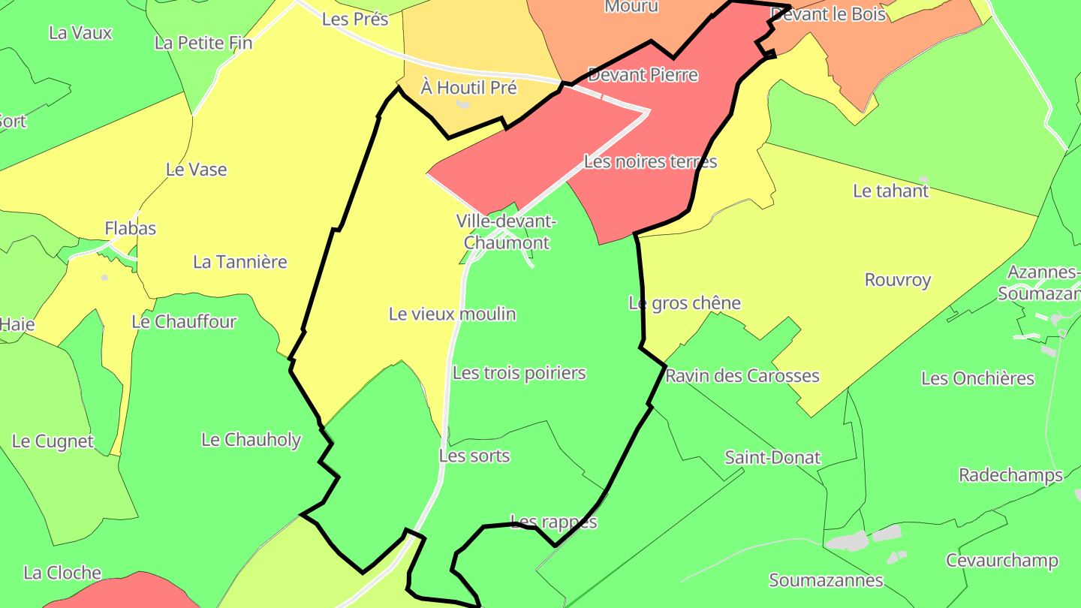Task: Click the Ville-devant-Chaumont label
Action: [506, 232]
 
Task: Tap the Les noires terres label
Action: [650, 161]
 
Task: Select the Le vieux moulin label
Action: [452, 314]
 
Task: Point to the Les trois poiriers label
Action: [519, 373]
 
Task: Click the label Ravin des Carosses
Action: [742, 375]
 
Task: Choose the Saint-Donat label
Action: [772, 457]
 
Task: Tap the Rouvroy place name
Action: [898, 280]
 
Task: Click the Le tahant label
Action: [890, 191]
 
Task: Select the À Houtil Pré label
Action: [468, 88]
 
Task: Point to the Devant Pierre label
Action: [643, 75]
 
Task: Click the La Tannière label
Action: [240, 262]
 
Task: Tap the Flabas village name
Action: [131, 228]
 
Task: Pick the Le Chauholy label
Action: [251, 440]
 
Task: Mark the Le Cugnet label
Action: [53, 441]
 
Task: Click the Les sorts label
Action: [474, 456]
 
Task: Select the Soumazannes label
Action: [826, 580]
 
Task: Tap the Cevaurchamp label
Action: [1001, 561]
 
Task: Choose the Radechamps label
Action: [1010, 475]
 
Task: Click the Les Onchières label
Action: [977, 378]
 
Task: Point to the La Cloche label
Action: [62, 573]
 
